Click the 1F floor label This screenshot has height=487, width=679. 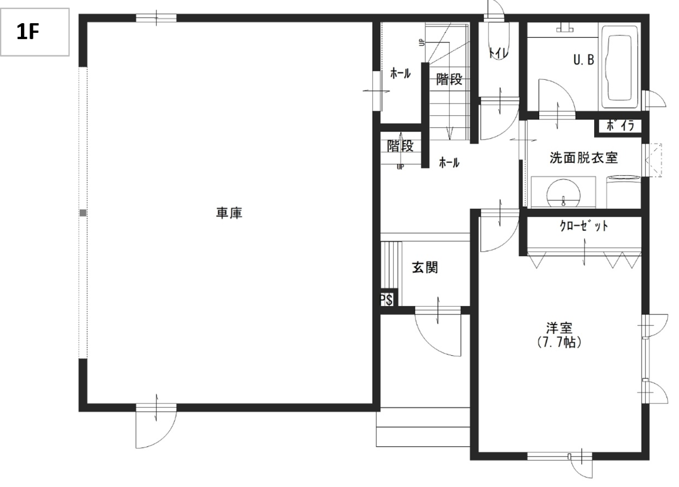coord(28,32)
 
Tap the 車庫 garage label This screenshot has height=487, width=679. coord(229,213)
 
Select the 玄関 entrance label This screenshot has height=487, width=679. coord(425,268)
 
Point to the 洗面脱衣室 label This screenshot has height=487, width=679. coord(583,158)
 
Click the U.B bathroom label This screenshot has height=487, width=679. coord(584,60)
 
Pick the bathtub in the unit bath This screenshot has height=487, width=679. coord(620,67)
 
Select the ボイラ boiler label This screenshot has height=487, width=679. coord(620,126)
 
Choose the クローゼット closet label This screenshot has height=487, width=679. coord(583,226)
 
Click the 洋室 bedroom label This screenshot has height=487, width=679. coord(559,328)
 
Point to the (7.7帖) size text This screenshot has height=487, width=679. coord(559,342)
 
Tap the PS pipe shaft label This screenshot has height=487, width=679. coord(386,300)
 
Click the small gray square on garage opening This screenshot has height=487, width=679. coord(83,213)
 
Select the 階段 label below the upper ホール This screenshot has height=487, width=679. coord(401,146)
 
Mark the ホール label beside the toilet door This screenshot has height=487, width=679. coord(449,163)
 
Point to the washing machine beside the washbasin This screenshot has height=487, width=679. coord(624,192)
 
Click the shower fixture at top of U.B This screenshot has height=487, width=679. coord(565,28)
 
